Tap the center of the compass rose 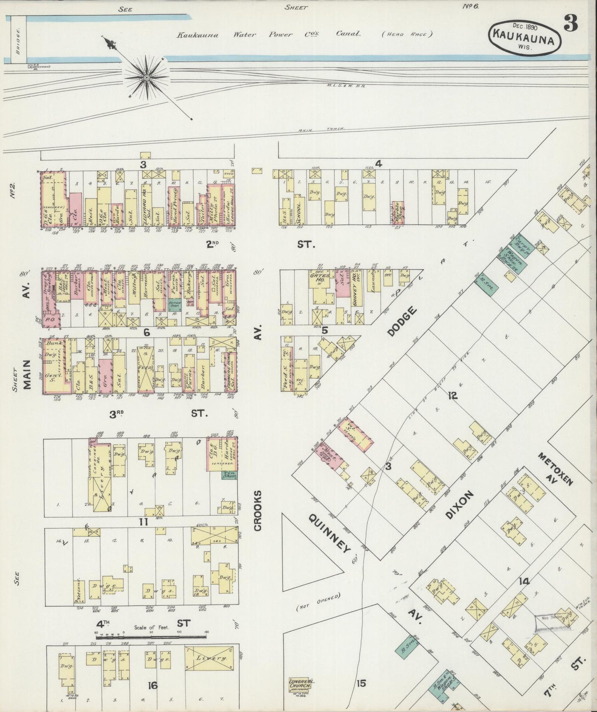point(146,77)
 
